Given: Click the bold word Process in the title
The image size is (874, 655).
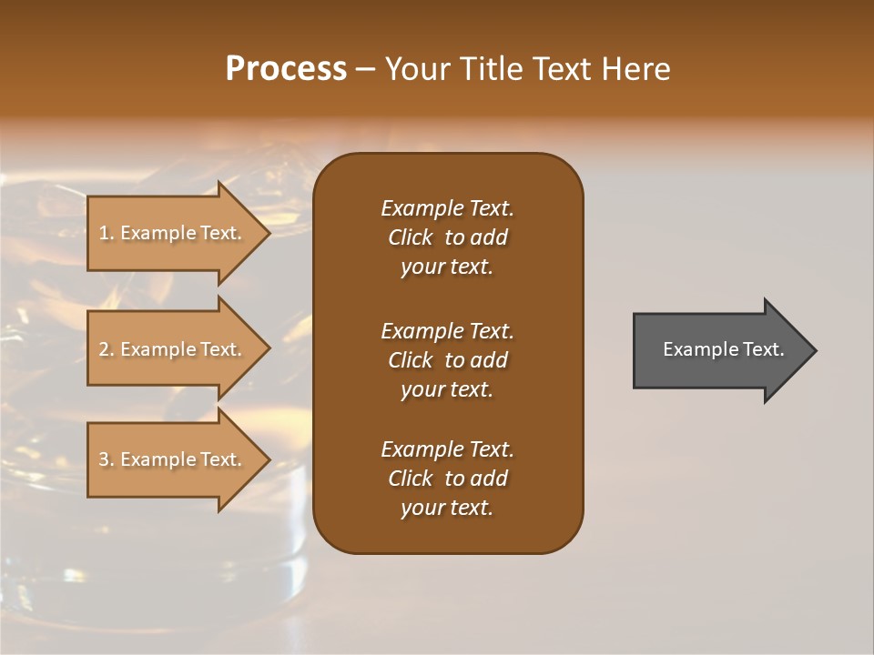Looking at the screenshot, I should (286, 69).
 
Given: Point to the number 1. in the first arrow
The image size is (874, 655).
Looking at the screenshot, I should (107, 233).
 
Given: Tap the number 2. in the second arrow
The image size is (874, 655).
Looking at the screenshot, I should (107, 349).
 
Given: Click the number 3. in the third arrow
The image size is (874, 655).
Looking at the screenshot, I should (107, 459).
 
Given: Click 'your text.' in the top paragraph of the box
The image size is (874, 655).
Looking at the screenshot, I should (447, 267).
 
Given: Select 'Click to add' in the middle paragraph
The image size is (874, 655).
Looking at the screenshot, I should (447, 360).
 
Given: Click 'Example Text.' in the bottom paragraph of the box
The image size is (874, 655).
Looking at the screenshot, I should (447, 449).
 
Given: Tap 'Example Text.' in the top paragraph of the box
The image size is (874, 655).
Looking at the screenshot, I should (447, 208).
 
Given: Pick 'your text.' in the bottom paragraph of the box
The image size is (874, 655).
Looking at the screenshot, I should (447, 509).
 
